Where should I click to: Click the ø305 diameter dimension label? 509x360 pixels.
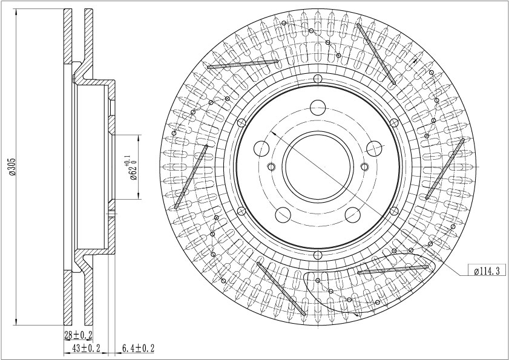coord(12,167)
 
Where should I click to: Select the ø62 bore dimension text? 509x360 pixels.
coord(132,168)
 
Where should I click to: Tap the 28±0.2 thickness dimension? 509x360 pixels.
coord(78,335)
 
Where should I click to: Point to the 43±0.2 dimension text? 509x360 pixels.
coord(86,349)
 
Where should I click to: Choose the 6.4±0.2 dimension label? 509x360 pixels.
coord(138,349)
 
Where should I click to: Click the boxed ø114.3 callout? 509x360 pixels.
coord(487,270)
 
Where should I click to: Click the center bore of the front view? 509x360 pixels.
coord(318,167)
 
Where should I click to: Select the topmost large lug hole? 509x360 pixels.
coord(318,108)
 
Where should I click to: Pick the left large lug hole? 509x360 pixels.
coord(261,149)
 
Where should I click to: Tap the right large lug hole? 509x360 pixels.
coord(374,149)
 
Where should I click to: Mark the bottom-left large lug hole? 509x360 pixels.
coord(283,215)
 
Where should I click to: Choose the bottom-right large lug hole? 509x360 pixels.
coord(353,215)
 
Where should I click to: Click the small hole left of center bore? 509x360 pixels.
coord(271,167)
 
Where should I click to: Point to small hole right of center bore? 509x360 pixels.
coord(364,167)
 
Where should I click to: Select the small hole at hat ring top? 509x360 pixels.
coord(318,79)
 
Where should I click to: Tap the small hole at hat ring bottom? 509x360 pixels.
coord(318,255)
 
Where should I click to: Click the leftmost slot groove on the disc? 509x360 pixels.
coord(191,177)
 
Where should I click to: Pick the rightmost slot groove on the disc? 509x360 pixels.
coord(445,169)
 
